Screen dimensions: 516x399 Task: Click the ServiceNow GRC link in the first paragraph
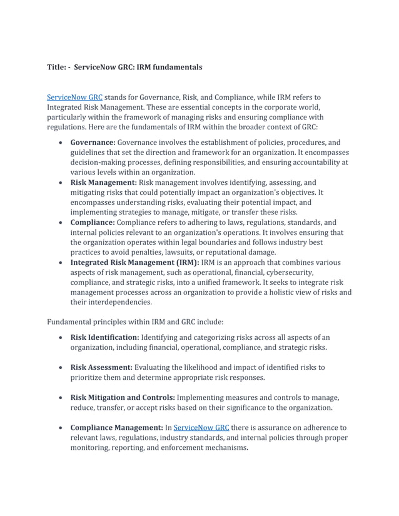click(x=74, y=97)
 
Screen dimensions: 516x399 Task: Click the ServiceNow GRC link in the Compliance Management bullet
click(x=201, y=428)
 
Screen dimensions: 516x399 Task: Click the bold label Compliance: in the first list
click(x=93, y=222)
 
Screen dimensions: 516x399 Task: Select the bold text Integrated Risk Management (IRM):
click(x=134, y=262)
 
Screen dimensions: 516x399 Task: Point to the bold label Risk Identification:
click(x=104, y=337)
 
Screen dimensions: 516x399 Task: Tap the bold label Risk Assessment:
click(x=101, y=367)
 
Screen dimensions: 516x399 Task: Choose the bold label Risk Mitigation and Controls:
click(x=123, y=397)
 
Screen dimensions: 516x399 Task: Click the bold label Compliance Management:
click(x=116, y=428)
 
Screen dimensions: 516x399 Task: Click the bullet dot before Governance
click(x=59, y=143)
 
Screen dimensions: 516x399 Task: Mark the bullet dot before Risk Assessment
click(x=59, y=368)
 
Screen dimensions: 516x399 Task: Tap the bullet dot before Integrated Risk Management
click(x=59, y=262)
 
